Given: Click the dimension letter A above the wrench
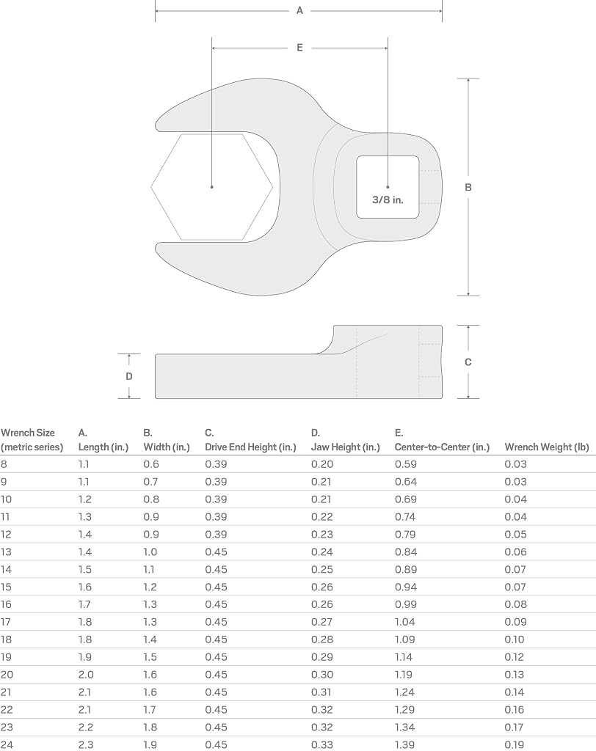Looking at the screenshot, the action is (x=299, y=10).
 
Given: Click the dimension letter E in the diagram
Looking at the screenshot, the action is (x=299, y=48).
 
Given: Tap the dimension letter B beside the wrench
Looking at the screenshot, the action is (x=468, y=187).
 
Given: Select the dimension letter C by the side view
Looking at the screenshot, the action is (x=468, y=362).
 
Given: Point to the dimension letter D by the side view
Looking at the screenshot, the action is (x=129, y=376).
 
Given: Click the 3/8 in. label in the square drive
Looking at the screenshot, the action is (x=388, y=199).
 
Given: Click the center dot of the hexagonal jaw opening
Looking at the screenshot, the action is (x=212, y=187).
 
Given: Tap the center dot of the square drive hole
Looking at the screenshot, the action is (x=388, y=187).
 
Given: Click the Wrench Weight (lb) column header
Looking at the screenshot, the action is (x=547, y=447).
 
